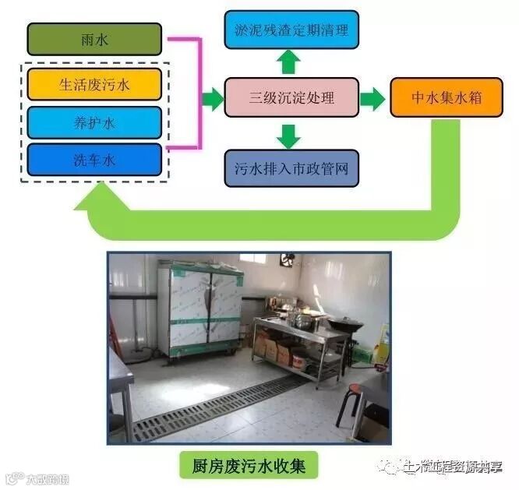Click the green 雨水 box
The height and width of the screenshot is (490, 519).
pos(94,39)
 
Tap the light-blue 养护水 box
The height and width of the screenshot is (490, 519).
pos(94,122)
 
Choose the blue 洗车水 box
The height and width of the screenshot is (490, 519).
pos(94,160)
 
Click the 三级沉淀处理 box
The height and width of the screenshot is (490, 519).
pos(291,97)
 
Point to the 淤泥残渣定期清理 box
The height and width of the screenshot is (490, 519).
pos(291,30)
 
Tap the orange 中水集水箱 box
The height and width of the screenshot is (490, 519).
pos(446,97)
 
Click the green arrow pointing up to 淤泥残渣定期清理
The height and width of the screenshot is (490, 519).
pos(289,61)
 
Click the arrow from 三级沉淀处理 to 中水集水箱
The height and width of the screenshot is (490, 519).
pos(373,98)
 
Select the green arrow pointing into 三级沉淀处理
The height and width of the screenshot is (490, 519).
pos(212,98)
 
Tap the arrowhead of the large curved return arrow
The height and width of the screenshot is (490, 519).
pos(90,204)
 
